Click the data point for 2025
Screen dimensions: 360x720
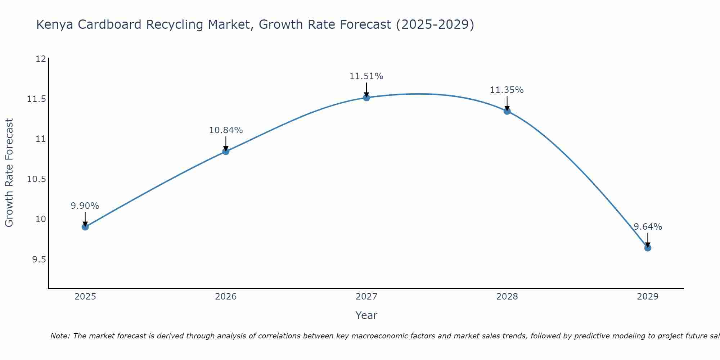(x=85, y=227)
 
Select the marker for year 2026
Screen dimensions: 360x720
(x=226, y=152)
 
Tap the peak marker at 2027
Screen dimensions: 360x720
(x=366, y=98)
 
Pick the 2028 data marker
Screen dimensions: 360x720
(x=507, y=111)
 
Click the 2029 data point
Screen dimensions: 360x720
(x=648, y=248)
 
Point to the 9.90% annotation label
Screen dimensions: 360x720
(x=85, y=206)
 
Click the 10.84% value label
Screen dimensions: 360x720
(x=226, y=130)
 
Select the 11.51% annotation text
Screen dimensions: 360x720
(x=366, y=76)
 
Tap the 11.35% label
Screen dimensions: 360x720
(x=507, y=90)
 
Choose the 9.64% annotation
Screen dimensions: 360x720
(x=648, y=227)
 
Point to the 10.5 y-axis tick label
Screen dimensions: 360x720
(x=37, y=179)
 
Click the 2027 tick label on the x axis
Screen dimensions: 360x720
(x=366, y=297)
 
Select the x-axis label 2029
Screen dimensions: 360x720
(x=648, y=297)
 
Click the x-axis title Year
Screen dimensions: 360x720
(x=366, y=315)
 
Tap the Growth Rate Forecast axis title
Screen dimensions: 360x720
(x=9, y=173)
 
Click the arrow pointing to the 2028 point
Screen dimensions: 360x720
(x=507, y=103)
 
